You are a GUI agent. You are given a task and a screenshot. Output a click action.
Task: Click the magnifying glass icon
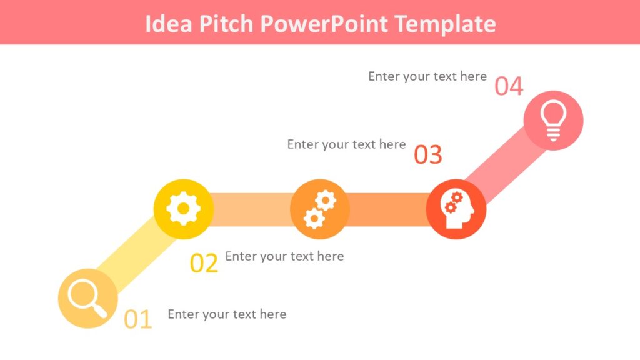(87, 297)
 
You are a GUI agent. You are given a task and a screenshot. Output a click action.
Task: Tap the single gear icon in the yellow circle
(183, 209)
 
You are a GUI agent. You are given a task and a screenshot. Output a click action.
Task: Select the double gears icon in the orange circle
(320, 209)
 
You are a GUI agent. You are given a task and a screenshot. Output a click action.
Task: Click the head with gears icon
(456, 209)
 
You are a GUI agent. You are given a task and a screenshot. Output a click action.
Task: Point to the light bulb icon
(553, 120)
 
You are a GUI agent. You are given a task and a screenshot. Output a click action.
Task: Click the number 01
(138, 319)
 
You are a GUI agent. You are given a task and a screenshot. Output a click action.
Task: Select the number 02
(204, 264)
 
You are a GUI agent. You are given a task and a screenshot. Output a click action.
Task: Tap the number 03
(428, 155)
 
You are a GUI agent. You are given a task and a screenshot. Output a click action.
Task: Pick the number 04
(509, 86)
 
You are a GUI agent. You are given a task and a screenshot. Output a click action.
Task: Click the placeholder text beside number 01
(227, 314)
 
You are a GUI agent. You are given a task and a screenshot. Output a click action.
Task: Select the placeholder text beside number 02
(284, 256)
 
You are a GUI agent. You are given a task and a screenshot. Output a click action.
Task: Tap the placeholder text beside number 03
(346, 144)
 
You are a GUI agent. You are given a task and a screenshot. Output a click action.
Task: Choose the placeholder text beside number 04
(427, 76)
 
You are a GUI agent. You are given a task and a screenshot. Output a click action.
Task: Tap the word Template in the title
(446, 24)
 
